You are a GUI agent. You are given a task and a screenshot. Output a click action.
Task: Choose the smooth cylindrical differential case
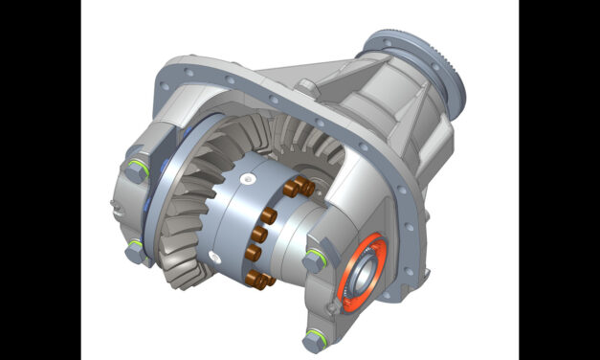pyautogui.click(x=230, y=220)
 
